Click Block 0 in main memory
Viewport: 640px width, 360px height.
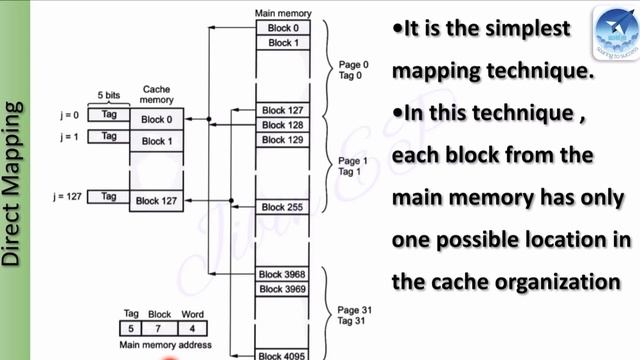pyautogui.click(x=282, y=28)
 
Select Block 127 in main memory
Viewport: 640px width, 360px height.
pyautogui.click(x=282, y=110)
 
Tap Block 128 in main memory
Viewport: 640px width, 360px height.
pyautogui.click(x=282, y=125)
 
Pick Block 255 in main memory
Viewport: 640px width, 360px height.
pyautogui.click(x=282, y=207)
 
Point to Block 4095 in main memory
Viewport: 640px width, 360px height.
pyautogui.click(x=282, y=355)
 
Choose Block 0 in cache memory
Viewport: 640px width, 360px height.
pyautogui.click(x=157, y=120)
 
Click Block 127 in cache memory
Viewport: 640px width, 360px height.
pyautogui.click(x=157, y=201)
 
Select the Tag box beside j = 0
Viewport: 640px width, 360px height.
pyautogui.click(x=109, y=115)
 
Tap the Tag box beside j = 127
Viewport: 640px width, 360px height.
pyautogui.click(x=109, y=197)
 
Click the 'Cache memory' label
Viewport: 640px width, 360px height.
pyautogui.click(x=156, y=95)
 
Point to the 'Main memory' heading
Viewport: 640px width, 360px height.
pyautogui.click(x=282, y=13)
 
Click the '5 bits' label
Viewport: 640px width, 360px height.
pyautogui.click(x=110, y=96)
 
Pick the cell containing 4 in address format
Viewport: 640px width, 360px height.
pyautogui.click(x=192, y=328)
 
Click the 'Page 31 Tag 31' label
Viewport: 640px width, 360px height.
pyautogui.click(x=353, y=315)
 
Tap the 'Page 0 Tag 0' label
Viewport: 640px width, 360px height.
pyautogui.click(x=353, y=69)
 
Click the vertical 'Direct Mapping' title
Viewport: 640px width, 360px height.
pyautogui.click(x=12, y=180)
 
